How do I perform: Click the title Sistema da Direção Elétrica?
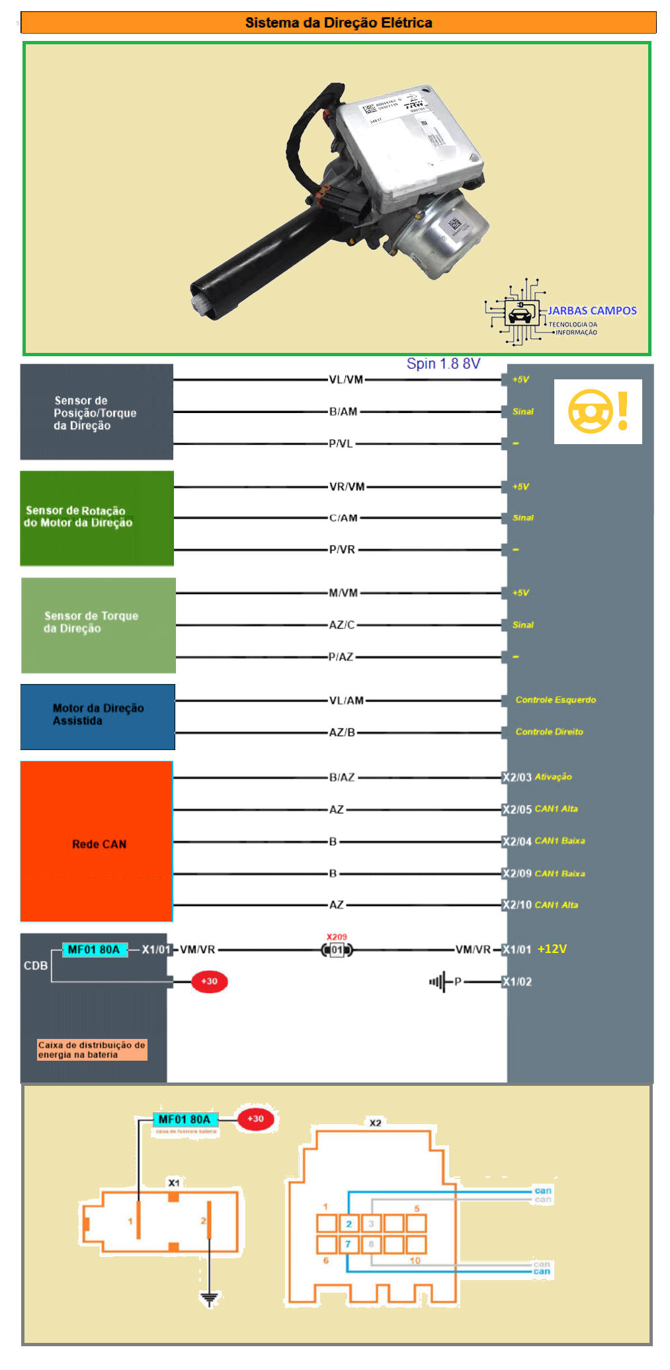coord(338,22)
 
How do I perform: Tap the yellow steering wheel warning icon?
coord(598,411)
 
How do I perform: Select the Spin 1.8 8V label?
coord(443,363)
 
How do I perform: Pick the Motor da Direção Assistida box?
coord(97,716)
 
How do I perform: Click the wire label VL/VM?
coord(346,379)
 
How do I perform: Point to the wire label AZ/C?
coord(342,625)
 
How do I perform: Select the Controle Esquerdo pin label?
coord(556,700)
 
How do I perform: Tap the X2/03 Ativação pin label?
coord(537,777)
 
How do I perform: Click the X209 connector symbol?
coord(337,950)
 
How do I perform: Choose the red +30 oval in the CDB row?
coord(209,981)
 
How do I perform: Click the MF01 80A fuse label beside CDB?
coord(94,950)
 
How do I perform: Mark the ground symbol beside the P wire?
coord(437,981)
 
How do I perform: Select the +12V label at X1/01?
coord(552,949)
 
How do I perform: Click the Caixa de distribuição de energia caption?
coord(91,1049)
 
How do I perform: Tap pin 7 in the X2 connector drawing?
coord(348,1244)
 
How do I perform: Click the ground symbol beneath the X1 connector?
coord(209,1299)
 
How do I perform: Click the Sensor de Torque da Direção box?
coord(98,625)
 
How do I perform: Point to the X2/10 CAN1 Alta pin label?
coord(540,905)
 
